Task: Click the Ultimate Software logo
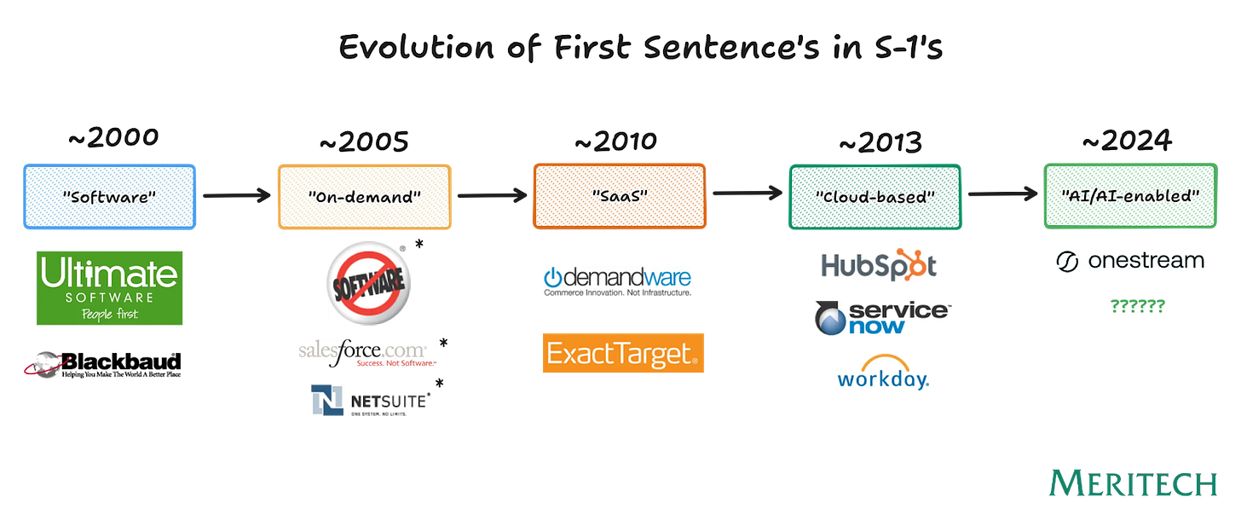109,288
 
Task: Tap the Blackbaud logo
102,364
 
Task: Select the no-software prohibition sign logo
369,284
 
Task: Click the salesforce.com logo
367,353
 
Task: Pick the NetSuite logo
371,401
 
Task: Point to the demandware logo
618,280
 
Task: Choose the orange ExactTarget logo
623,353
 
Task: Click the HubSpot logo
879,265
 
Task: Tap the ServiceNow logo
882,317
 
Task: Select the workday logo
882,373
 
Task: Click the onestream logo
1129,261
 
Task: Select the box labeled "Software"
109,197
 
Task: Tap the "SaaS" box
619,197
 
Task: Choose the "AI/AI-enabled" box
1129,197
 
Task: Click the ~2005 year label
364,142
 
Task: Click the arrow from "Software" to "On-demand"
236,196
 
